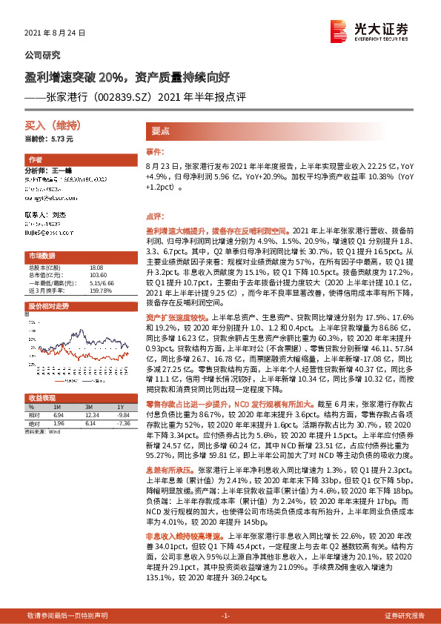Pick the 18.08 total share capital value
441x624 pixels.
(96, 266)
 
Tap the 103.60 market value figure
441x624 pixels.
(98, 273)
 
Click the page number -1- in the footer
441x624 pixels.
(226, 615)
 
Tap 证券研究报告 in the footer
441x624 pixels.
(405, 615)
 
